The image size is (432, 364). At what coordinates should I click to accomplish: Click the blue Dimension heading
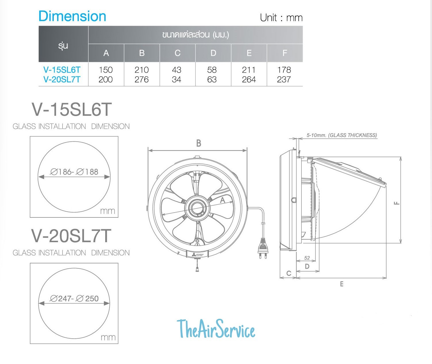[x=72, y=16]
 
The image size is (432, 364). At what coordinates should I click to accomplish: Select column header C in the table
[x=177, y=53]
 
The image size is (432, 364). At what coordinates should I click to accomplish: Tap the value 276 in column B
[x=141, y=79]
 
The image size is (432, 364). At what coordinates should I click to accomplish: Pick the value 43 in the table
[x=176, y=70]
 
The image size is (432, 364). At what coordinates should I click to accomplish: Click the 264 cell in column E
[x=249, y=79]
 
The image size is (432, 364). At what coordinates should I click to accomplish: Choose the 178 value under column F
[x=284, y=70]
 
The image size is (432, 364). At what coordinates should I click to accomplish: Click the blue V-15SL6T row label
[x=62, y=70]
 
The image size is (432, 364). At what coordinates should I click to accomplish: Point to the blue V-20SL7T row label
[x=62, y=79]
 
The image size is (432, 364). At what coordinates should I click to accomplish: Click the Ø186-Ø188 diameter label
[x=74, y=172]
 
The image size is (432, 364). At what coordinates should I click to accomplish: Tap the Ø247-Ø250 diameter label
[x=74, y=299]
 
